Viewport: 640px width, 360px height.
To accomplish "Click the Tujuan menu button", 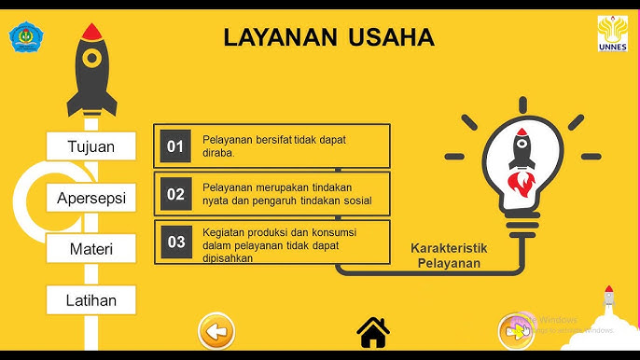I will coord(90,146).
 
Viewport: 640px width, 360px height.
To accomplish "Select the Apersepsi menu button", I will coord(90,198).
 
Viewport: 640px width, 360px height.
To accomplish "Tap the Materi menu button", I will coord(90,249).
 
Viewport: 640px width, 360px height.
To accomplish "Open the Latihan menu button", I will coord(90,300).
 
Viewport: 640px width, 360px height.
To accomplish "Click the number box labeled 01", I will coord(175,146).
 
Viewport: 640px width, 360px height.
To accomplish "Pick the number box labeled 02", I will coord(175,194).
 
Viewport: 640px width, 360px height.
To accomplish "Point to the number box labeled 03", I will coord(175,242).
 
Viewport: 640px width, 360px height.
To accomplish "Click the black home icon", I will coord(373,331).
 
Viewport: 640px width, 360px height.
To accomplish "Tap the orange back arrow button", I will coord(216,331).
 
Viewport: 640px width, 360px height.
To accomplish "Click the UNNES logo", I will coord(612,34).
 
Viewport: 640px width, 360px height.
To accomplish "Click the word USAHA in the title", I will coord(391,37).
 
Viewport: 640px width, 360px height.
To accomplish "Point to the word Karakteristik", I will coord(449,249).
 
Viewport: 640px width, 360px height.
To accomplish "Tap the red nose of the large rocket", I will coord(90,31).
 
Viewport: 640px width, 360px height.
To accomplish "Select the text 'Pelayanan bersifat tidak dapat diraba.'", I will coord(268,145).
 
